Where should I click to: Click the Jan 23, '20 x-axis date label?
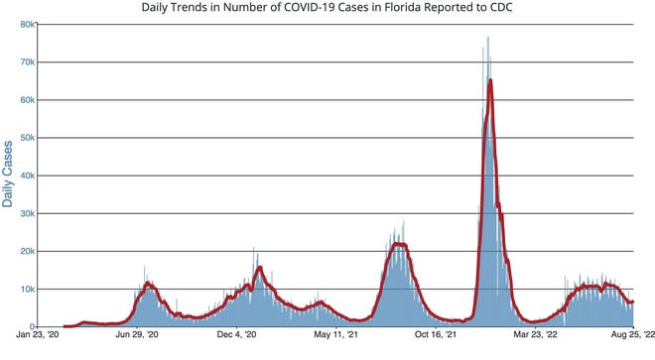pos(47,337)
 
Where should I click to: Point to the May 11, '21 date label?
pos(336,337)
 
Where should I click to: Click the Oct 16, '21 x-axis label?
pos(436,337)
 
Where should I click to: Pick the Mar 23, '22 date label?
pos(535,337)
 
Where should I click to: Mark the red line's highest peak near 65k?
pos(490,80)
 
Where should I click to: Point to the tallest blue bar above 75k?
pos(487,38)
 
